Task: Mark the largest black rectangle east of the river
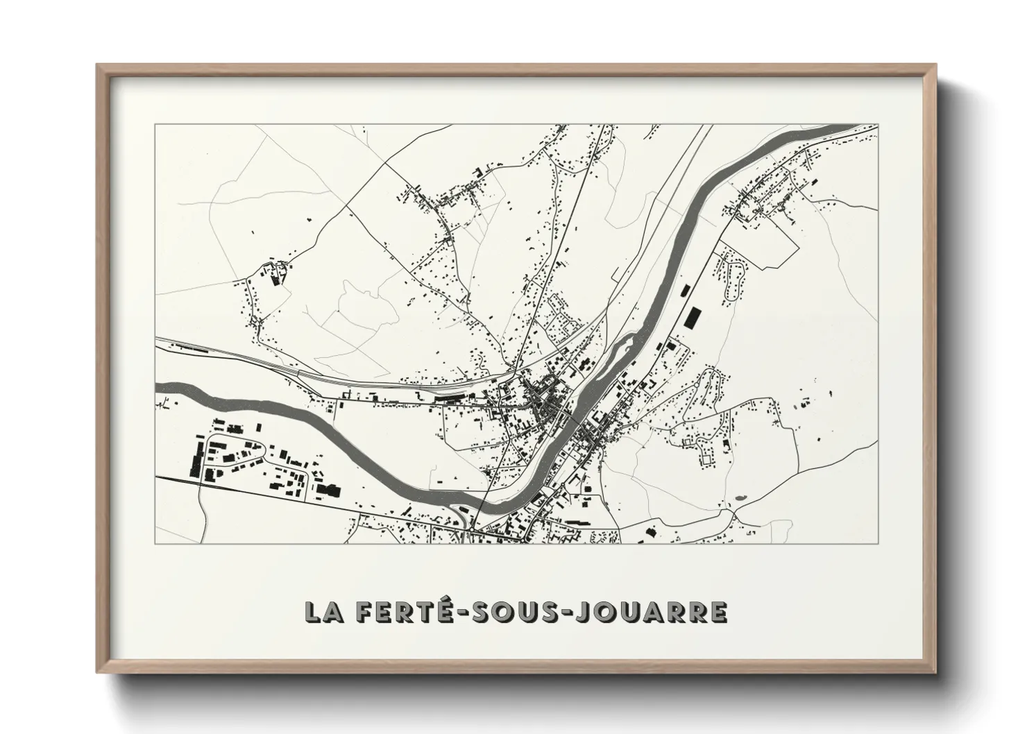coord(690,316)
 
